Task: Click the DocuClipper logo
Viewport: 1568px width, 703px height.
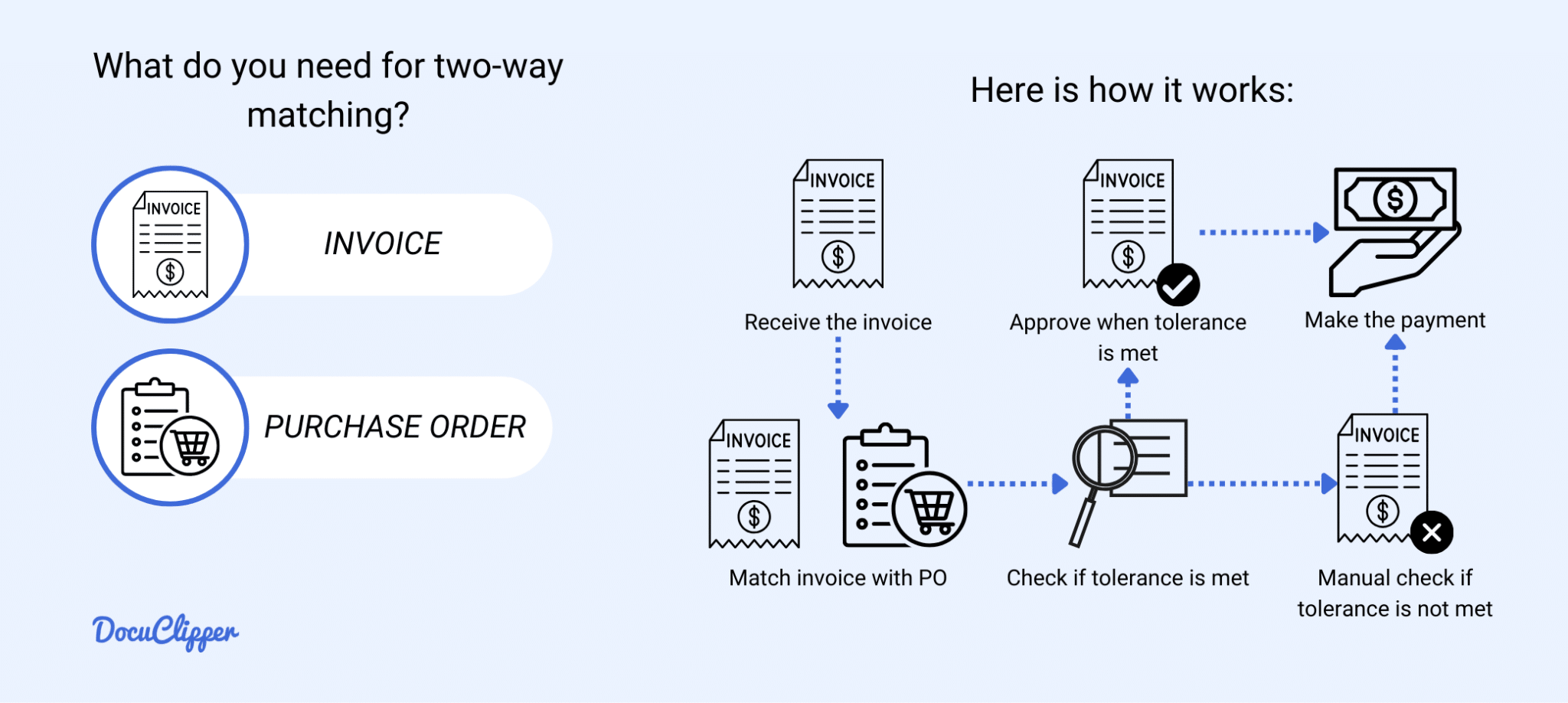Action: pyautogui.click(x=165, y=632)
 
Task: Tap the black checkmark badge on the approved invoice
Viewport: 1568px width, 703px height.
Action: pyautogui.click(x=1178, y=285)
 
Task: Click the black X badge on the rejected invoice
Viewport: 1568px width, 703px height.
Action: pyautogui.click(x=1431, y=532)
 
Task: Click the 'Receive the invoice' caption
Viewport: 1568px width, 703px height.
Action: pyautogui.click(x=838, y=322)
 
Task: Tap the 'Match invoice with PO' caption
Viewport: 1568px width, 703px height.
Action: pyautogui.click(x=838, y=578)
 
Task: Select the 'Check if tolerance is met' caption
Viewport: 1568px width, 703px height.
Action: pyautogui.click(x=1127, y=578)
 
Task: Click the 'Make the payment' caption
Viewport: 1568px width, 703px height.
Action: pyautogui.click(x=1394, y=320)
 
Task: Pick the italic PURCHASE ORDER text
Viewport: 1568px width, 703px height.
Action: pyautogui.click(x=395, y=427)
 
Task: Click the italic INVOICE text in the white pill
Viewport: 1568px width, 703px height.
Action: pyautogui.click(x=382, y=244)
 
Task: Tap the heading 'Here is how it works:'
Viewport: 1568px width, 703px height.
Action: pyautogui.click(x=1132, y=90)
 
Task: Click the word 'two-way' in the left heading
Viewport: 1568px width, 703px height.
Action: pyautogui.click(x=498, y=67)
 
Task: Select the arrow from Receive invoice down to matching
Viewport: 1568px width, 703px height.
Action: pyautogui.click(x=838, y=379)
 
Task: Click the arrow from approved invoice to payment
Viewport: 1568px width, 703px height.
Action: pyautogui.click(x=1263, y=232)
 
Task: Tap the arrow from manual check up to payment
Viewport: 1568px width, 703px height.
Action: pyautogui.click(x=1395, y=375)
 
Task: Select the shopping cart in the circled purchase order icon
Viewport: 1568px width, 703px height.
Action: pyautogui.click(x=191, y=445)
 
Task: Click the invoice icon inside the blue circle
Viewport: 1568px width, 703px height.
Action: pyautogui.click(x=170, y=244)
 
